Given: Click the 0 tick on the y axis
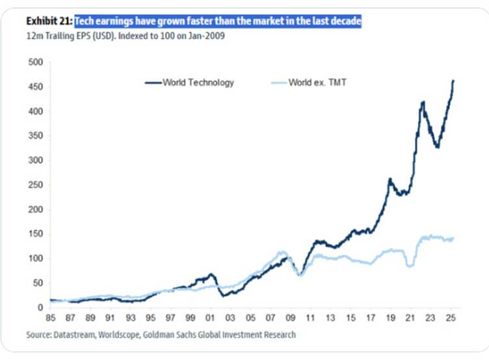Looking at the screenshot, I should (x=40, y=307).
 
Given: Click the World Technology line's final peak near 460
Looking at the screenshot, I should (x=453, y=81).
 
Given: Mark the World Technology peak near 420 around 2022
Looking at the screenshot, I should (x=423, y=102).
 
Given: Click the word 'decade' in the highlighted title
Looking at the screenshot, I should (x=342, y=22).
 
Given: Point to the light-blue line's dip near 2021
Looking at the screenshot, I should (x=410, y=266).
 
